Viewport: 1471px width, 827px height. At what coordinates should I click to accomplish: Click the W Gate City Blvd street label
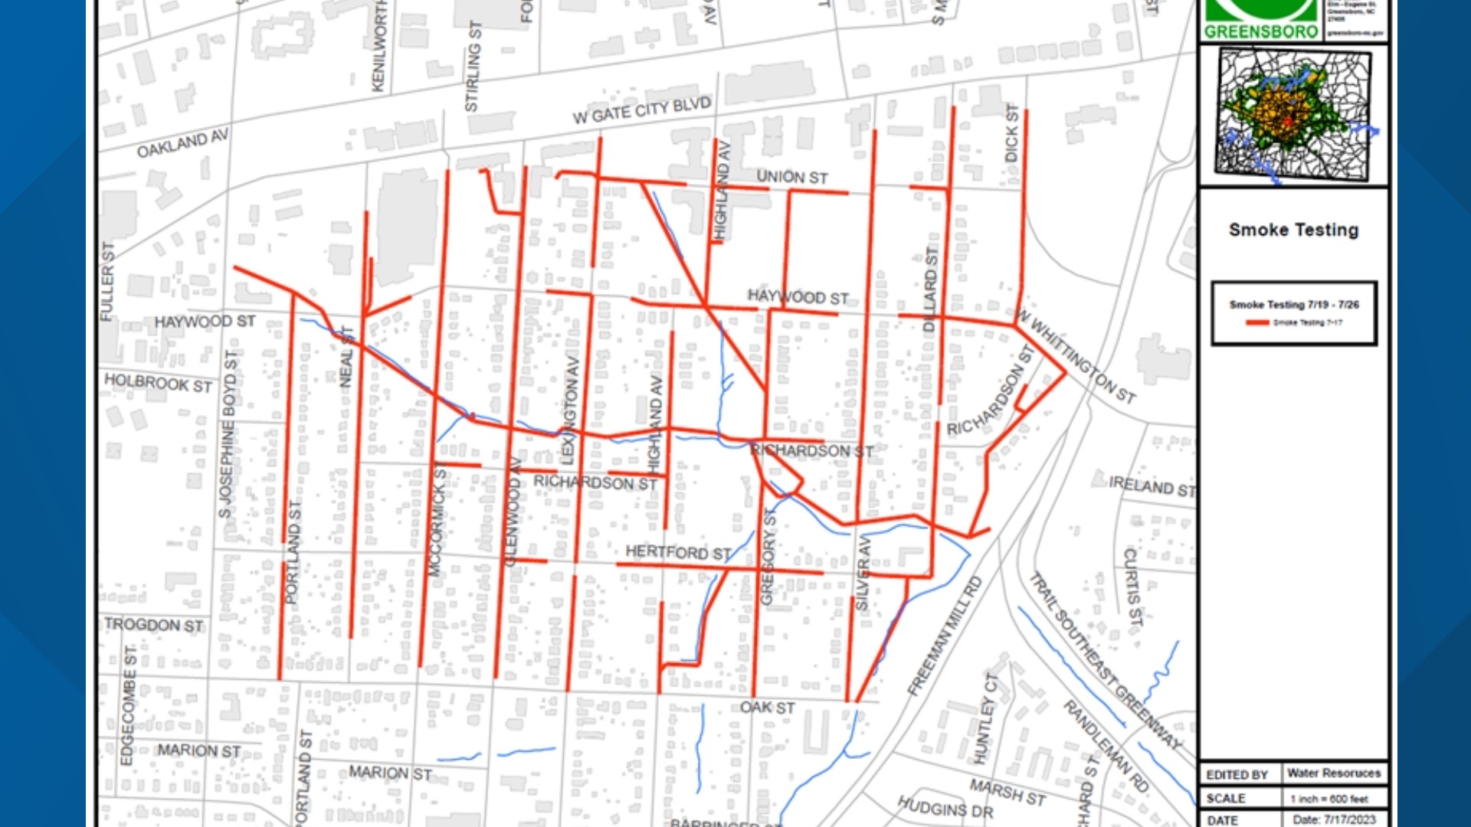[x=642, y=110]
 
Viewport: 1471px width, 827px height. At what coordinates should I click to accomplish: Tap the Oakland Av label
[x=182, y=143]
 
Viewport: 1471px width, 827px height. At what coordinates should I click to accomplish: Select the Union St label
[x=792, y=177]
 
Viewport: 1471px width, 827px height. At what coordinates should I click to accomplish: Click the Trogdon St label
[x=153, y=625]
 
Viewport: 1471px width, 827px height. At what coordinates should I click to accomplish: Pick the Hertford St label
[x=678, y=552]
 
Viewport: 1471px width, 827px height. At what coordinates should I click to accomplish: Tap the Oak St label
[x=767, y=708]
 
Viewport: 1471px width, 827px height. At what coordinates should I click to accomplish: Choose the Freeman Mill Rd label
[x=944, y=637]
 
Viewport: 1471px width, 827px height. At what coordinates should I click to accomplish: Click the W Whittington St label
[x=1076, y=357]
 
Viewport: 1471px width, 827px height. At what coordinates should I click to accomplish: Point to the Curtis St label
[x=1132, y=587]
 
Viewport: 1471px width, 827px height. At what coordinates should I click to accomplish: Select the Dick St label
[x=1012, y=133]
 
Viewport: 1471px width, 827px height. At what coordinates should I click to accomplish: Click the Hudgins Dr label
[x=945, y=806]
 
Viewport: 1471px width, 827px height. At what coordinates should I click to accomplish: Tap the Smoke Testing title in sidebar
[x=1293, y=230]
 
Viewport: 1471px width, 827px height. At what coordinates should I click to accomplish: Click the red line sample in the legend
[x=1257, y=323]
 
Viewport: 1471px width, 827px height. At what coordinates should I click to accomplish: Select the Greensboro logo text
[x=1261, y=31]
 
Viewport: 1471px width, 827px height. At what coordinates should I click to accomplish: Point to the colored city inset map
[x=1293, y=115]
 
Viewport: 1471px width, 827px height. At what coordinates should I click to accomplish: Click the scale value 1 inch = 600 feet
[x=1328, y=799]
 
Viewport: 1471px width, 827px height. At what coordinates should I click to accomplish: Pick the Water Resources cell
[x=1333, y=773]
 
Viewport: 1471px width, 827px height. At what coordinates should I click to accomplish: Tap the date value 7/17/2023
[x=1334, y=819]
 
